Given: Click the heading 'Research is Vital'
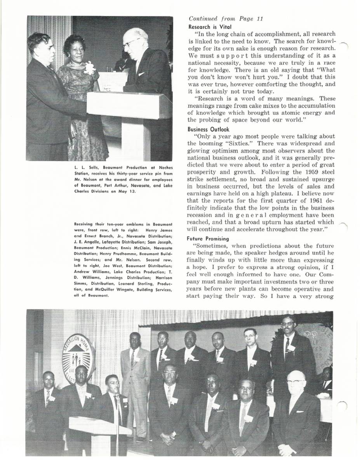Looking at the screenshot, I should [x=210, y=27].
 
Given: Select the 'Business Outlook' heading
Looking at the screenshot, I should [x=209, y=129].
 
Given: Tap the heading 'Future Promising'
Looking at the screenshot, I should [x=208, y=238].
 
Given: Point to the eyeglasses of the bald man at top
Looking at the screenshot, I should [x=130, y=42].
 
